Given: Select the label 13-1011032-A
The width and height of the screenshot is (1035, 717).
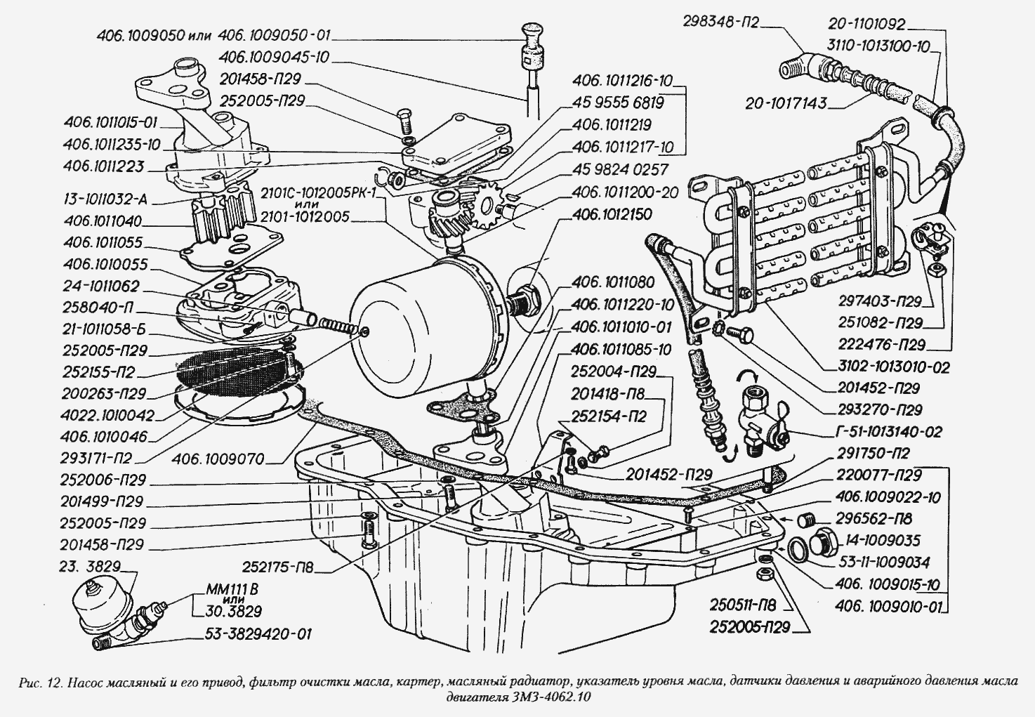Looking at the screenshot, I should coord(104,199).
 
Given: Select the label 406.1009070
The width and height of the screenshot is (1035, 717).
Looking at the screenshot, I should coord(218,459).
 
